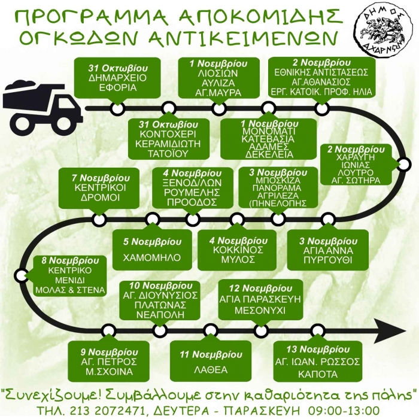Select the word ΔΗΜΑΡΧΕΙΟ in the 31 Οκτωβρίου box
coord(117,78)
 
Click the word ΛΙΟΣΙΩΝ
coord(218,73)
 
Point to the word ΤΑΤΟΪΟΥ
coord(168,154)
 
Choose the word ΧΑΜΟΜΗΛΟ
coord(152,257)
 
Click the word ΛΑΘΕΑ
coord(211,370)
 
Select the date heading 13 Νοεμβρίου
coord(318,349)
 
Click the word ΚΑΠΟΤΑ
coord(318,374)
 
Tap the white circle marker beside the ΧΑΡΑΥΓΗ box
coord(403,165)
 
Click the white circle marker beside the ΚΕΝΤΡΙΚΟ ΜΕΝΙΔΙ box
coord(21,275)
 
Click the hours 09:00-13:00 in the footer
coord(344,410)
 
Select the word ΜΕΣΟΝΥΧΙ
coord(260,311)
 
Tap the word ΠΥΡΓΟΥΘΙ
coord(328,260)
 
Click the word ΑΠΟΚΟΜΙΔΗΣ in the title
coord(260,17)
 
